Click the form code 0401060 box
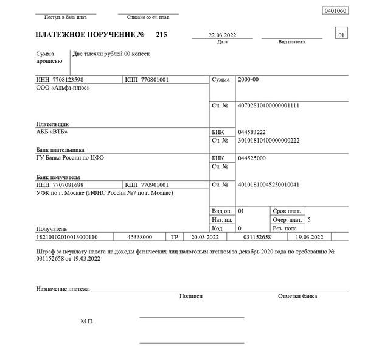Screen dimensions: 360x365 coord(336,11)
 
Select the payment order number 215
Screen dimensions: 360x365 coord(161,35)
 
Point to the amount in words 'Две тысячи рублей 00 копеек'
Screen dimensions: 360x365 coord(111,54)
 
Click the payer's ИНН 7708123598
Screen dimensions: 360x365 coord(60,80)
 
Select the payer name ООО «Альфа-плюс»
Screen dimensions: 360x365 coord(63,88)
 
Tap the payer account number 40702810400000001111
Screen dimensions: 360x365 coord(269,105)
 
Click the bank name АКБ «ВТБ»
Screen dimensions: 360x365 coord(52,131)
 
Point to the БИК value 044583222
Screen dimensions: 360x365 coord(252,132)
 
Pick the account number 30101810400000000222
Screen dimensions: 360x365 coord(269,140)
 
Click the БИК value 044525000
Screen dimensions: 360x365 coord(252,158)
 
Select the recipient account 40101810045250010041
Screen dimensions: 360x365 coord(269,184)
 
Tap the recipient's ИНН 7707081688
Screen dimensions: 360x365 coord(60,185)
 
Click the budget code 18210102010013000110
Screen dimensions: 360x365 coord(68,236)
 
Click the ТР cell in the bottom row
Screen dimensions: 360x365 coord(175,236)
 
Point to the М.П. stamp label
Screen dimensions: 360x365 coord(87,321)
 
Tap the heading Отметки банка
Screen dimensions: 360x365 coord(297,296)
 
